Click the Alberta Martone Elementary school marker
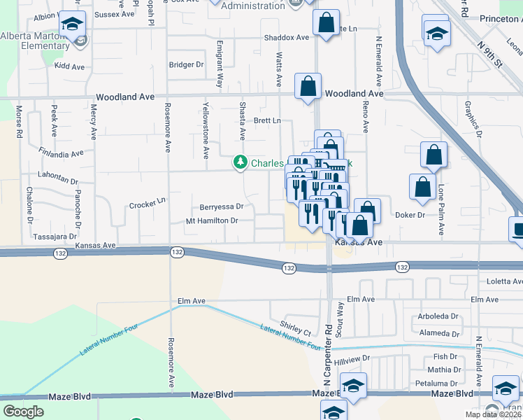[71, 25]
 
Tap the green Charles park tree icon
[241, 162]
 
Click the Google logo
[23, 412]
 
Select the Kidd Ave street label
[69, 66]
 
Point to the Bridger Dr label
[186, 64]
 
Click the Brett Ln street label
[266, 120]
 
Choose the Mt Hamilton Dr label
[212, 220]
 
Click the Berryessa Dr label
[221, 206]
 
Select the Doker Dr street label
[410, 215]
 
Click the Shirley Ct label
[295, 329]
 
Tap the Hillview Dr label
[352, 359]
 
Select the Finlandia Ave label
[62, 152]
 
